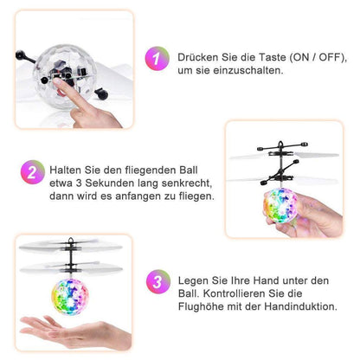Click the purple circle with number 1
157,60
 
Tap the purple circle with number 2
32,172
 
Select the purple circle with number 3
157,283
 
